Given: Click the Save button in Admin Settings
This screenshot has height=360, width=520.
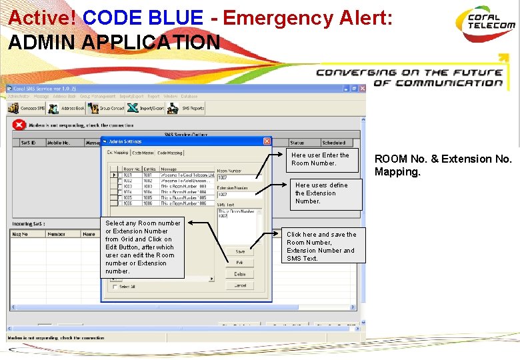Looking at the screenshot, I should (x=240, y=251).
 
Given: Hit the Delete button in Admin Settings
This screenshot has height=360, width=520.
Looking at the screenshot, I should (x=240, y=274).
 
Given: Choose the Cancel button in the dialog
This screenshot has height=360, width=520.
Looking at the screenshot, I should (x=240, y=285).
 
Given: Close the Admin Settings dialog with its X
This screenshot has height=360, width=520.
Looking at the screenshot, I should (x=267, y=141).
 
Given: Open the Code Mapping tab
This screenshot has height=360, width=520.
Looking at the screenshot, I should (x=170, y=153).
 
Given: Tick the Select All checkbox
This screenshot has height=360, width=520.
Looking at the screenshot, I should (x=115, y=287).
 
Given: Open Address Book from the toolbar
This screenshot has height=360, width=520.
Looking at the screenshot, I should (x=67, y=108).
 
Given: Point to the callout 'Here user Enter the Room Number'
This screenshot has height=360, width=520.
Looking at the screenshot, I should (x=320, y=159).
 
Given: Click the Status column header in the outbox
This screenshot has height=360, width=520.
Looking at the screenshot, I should (x=297, y=143).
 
